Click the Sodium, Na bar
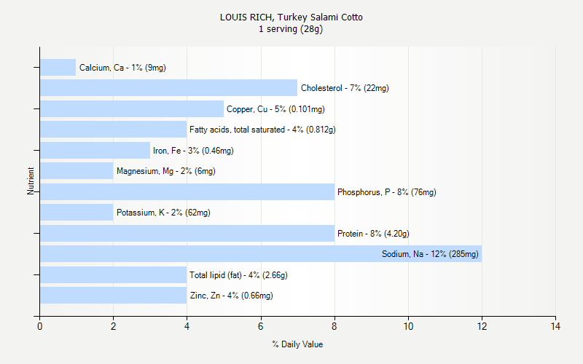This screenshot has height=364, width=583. tap(260, 254)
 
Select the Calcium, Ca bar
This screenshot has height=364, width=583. tap(58, 68)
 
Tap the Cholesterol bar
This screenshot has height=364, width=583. tap(168, 88)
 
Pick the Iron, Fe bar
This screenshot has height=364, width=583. tap(95, 151)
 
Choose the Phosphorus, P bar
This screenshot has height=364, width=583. tap(187, 192)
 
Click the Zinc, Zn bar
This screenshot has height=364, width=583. tap(113, 296)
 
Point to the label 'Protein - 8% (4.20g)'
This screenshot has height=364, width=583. tap(373, 234)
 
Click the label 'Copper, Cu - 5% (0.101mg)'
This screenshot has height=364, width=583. tap(275, 109)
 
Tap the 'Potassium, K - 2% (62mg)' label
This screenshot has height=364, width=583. tap(163, 213)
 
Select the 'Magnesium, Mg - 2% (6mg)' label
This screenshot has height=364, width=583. tap(165, 171)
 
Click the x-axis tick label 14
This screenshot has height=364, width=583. tap(555, 326)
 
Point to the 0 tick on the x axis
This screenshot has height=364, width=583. tap(39, 326)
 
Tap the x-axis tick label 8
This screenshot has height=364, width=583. tap(334, 326)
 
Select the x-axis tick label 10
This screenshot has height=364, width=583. tap(408, 326)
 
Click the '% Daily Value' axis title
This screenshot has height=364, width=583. tap(297, 344)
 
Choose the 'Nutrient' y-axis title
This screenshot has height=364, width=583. tap(31, 181)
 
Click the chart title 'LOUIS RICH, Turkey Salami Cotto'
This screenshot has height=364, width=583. tap(291, 17)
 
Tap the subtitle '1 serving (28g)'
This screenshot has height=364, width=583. tap(291, 29)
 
